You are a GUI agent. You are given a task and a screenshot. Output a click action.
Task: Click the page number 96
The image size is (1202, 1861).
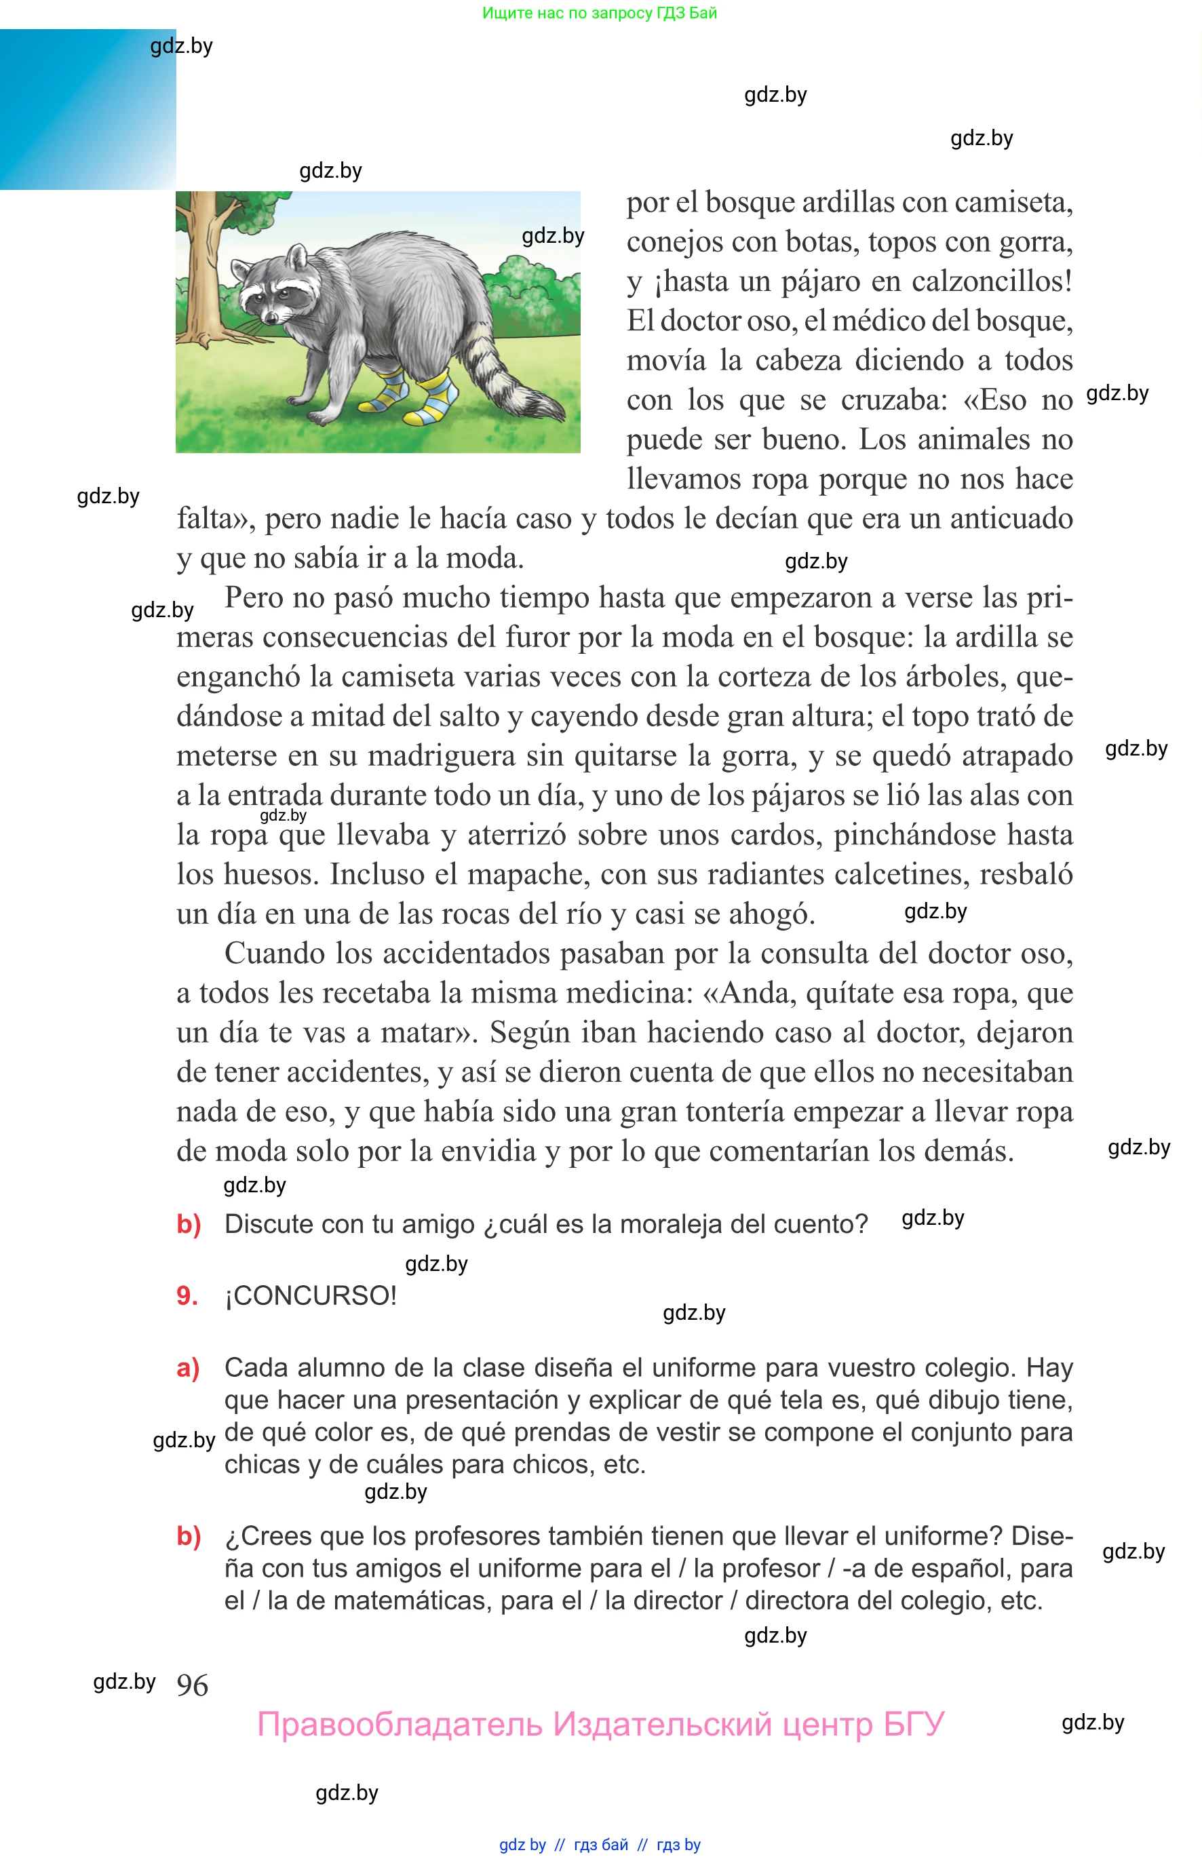tap(192, 1685)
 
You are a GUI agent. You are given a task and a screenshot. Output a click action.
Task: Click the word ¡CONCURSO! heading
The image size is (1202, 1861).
tap(311, 1296)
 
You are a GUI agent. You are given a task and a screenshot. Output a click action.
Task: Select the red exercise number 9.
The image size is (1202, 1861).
tap(187, 1296)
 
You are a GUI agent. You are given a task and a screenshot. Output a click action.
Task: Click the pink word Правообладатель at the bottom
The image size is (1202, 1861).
tap(399, 1725)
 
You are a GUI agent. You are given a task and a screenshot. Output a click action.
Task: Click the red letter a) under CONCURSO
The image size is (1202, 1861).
tap(188, 1368)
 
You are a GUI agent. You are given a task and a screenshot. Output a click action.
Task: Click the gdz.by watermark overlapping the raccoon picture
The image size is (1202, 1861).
tap(553, 235)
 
